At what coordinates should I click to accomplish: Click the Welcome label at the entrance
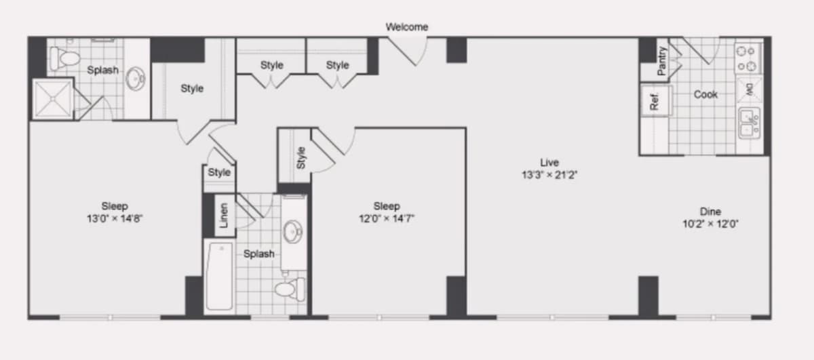pyautogui.click(x=406, y=27)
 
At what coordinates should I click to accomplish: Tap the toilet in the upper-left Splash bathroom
pyautogui.click(x=65, y=58)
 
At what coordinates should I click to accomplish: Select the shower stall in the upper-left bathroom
pyautogui.click(x=53, y=99)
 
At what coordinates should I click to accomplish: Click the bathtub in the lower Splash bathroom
pyautogui.click(x=220, y=277)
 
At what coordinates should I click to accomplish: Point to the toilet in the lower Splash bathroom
pyautogui.click(x=290, y=289)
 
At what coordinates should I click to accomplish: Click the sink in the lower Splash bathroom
pyautogui.click(x=293, y=232)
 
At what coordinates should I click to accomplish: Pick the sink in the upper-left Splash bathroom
pyautogui.click(x=136, y=78)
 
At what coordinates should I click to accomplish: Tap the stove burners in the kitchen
pyautogui.click(x=747, y=58)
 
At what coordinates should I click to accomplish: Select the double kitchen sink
pyautogui.click(x=749, y=123)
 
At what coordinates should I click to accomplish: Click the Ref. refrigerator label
pyautogui.click(x=654, y=101)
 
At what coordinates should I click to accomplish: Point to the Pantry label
pyautogui.click(x=662, y=60)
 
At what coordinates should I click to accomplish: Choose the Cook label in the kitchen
pyautogui.click(x=705, y=94)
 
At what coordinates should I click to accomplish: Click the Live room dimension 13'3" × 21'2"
pyautogui.click(x=549, y=175)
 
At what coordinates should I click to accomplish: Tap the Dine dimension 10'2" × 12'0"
pyautogui.click(x=710, y=224)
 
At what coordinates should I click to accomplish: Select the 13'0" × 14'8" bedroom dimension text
pyautogui.click(x=115, y=218)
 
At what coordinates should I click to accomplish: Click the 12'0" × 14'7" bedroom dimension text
pyautogui.click(x=387, y=218)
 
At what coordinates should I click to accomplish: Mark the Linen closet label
pyautogui.click(x=224, y=216)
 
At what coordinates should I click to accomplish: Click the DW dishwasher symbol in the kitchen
pyautogui.click(x=749, y=89)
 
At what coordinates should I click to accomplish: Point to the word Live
pyautogui.click(x=549, y=162)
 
